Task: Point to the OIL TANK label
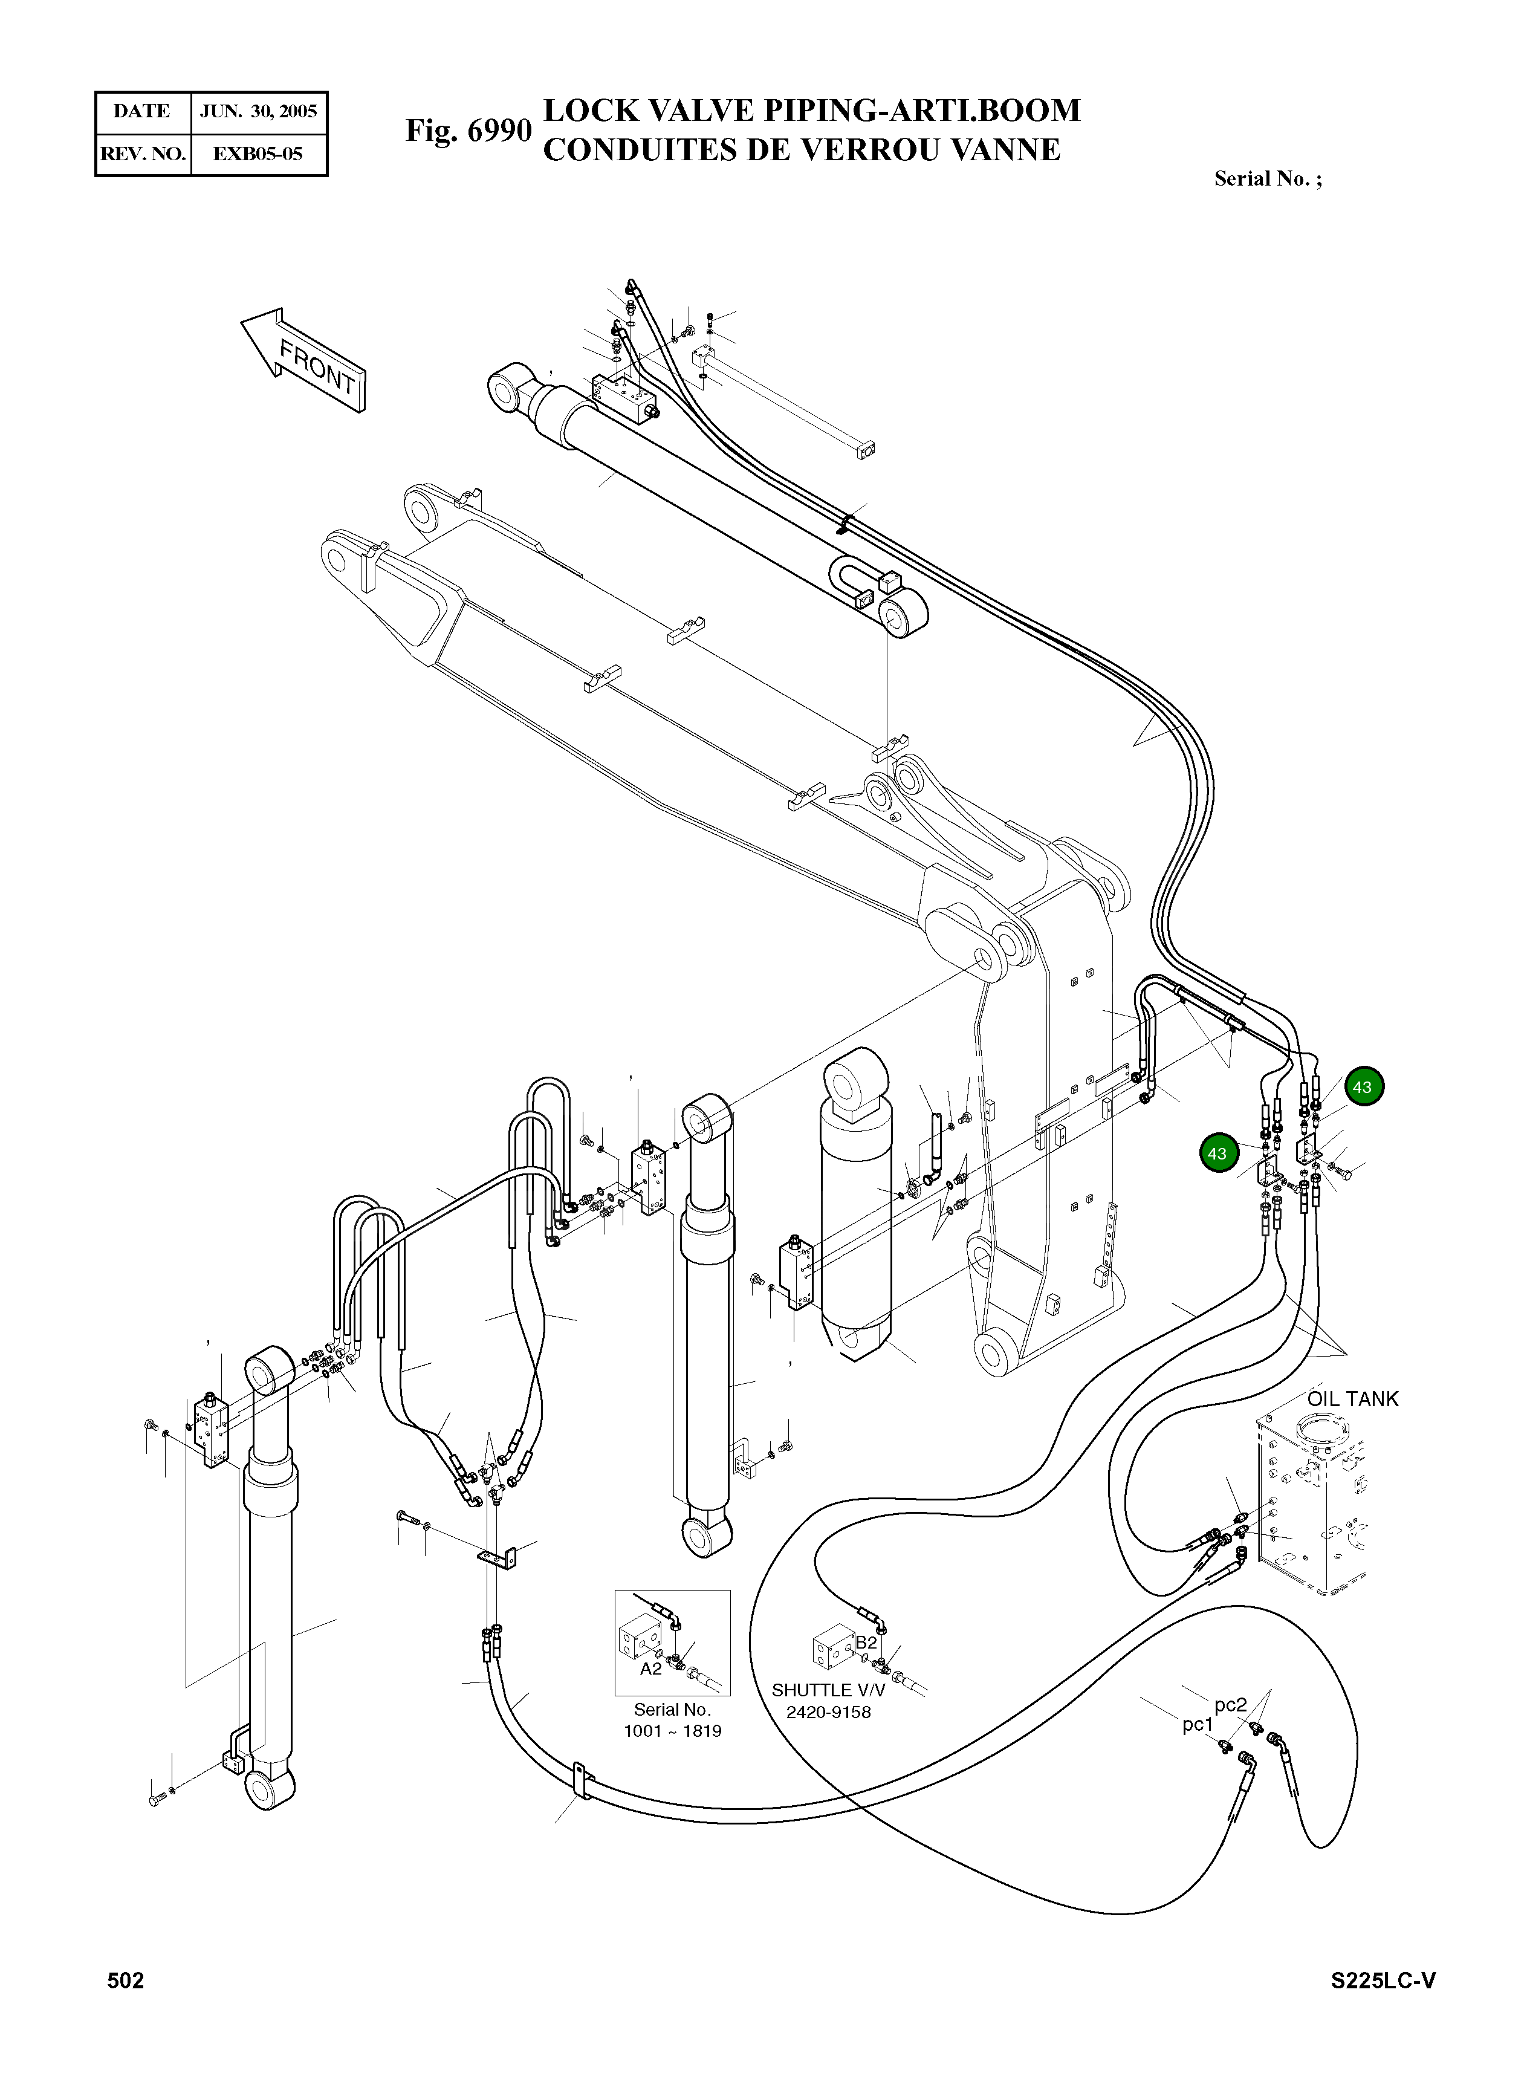[1352, 1400]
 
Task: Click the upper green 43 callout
[1363, 1087]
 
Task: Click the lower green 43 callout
[1217, 1153]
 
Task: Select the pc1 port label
[1197, 1724]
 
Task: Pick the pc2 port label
[1230, 1705]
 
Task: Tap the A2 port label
[650, 1669]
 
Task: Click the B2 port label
[866, 1642]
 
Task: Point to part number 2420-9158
[828, 1712]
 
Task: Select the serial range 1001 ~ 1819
[672, 1731]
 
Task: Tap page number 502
[126, 1980]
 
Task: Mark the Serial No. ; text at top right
[1267, 180]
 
